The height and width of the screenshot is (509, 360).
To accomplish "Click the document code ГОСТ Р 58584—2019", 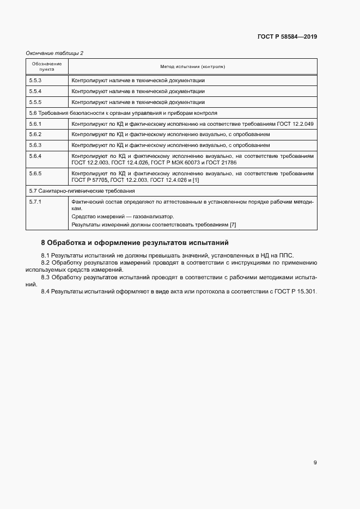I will click(x=287, y=37).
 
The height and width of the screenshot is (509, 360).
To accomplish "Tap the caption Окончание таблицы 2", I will click(x=54, y=53).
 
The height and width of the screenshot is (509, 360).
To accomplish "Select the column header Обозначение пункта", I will click(x=47, y=66).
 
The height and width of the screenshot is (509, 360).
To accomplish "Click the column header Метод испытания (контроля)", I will click(x=192, y=66).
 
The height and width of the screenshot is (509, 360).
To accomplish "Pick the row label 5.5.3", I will click(x=35, y=80).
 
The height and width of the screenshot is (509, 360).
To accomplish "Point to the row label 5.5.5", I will click(x=35, y=102).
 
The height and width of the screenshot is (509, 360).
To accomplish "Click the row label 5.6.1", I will click(x=35, y=124).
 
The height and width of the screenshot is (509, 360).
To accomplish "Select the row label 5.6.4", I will click(x=35, y=156).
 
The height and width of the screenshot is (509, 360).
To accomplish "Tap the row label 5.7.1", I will click(x=35, y=202).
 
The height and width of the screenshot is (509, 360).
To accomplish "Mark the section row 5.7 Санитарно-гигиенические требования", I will click(x=82, y=191).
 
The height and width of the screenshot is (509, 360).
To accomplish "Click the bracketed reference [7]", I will click(x=233, y=225).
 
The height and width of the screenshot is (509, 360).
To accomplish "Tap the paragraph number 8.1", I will click(x=46, y=255).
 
